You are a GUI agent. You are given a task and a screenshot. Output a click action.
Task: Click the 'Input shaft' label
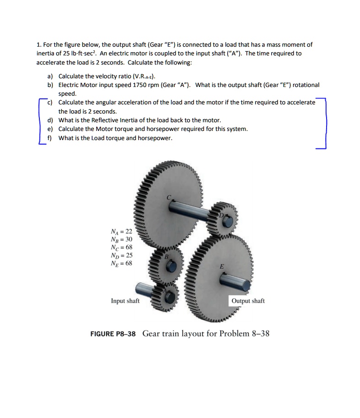(x=125, y=301)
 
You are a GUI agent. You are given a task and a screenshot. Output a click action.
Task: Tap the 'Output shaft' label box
(x=248, y=301)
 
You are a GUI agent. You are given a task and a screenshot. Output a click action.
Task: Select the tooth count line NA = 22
(x=121, y=232)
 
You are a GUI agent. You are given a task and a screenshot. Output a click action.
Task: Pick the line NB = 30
(x=121, y=239)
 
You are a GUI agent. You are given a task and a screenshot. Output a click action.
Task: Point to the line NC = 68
(x=121, y=247)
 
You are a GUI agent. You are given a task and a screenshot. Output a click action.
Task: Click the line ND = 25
(x=121, y=255)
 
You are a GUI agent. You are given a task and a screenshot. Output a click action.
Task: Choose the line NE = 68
(x=121, y=263)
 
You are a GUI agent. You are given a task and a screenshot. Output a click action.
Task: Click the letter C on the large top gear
(x=169, y=197)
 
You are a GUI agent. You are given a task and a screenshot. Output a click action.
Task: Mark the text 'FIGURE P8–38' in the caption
(x=113, y=333)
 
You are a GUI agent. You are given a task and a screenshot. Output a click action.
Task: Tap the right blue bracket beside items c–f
(x=324, y=123)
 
